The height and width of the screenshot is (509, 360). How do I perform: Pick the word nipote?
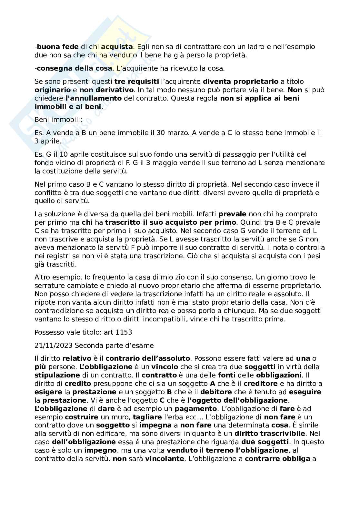44,302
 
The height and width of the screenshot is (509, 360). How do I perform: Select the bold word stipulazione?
57,375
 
